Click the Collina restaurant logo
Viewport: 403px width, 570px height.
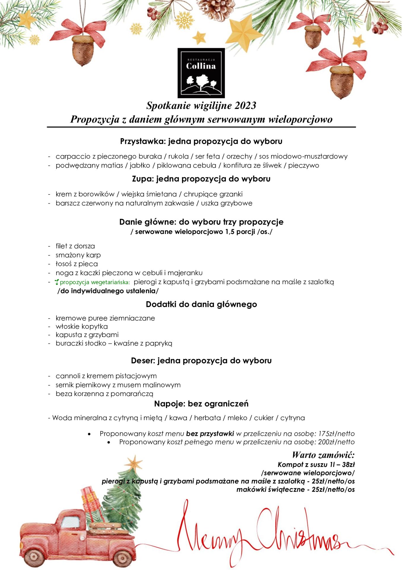[x=201, y=73]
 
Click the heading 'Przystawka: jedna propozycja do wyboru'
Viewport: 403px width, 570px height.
[x=201, y=141]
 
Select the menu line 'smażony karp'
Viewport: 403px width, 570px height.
[x=78, y=255]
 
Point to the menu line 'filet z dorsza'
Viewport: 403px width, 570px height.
[x=75, y=246]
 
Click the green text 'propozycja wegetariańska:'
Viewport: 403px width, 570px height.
[x=95, y=282]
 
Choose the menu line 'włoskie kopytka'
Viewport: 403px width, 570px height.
[x=82, y=327]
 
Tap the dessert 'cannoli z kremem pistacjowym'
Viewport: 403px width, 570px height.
[x=106, y=376]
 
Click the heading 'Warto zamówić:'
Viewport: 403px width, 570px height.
[x=323, y=455]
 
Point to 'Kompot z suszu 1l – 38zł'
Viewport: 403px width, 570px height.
[x=316, y=465]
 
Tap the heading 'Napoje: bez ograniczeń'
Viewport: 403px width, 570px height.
[x=201, y=404]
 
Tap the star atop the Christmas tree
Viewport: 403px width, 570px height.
[x=134, y=463]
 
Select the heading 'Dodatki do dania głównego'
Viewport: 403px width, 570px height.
[x=201, y=304]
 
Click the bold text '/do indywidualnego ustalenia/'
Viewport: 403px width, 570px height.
[x=108, y=291]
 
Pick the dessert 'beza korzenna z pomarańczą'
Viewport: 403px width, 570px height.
[x=104, y=394]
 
